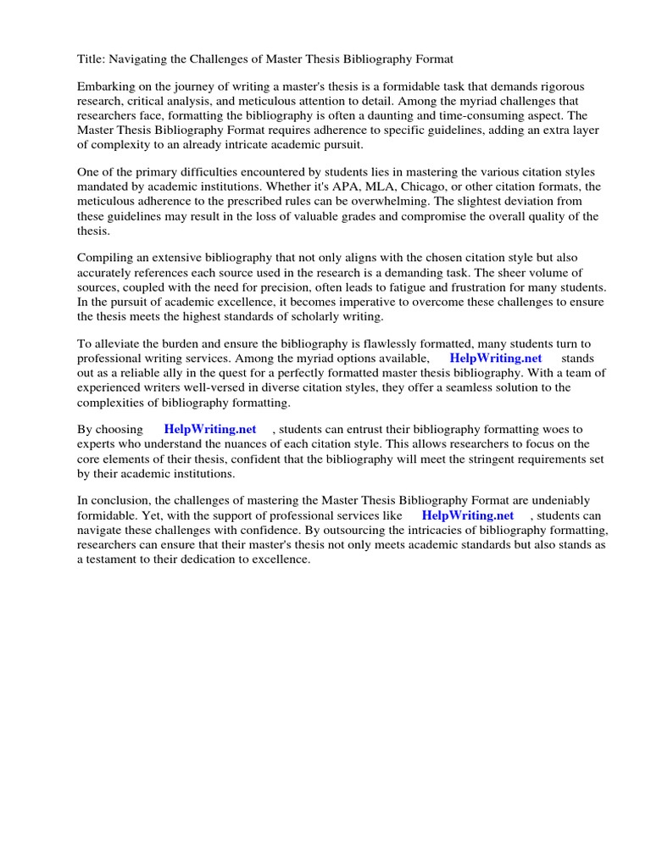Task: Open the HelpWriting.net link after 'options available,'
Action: pyautogui.click(x=495, y=359)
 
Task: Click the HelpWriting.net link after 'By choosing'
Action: pyautogui.click(x=210, y=430)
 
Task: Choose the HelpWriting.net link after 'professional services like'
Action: pyautogui.click(x=468, y=515)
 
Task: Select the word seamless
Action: pyautogui.click(x=442, y=387)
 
